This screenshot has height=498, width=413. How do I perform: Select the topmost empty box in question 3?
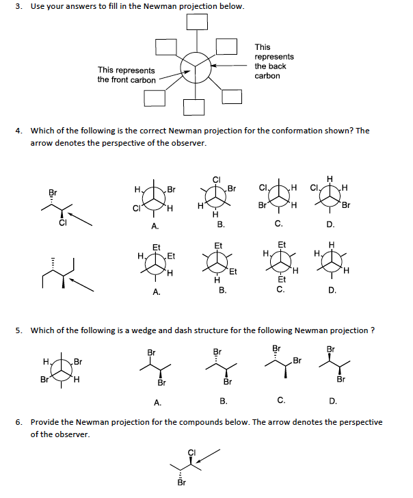click(x=198, y=21)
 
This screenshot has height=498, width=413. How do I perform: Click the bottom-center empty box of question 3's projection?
click(x=194, y=107)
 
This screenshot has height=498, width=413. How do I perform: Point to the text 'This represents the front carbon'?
click(x=126, y=75)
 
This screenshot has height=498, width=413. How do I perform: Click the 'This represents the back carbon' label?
click(x=274, y=62)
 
